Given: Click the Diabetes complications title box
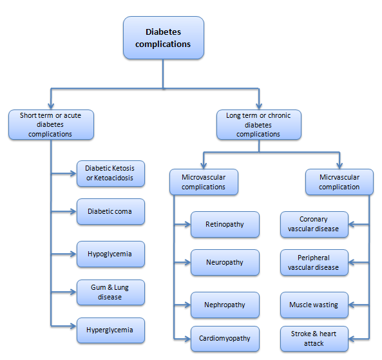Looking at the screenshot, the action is coord(164,38).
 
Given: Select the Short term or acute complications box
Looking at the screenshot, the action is coord(51,125).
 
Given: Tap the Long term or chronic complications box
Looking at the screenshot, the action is coord(259,125).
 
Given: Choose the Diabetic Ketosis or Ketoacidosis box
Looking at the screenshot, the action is coord(111,174).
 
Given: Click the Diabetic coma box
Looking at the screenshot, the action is coord(111,211).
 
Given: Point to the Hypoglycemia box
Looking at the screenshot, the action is coord(111,254).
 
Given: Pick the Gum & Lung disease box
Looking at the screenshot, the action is coord(111,292).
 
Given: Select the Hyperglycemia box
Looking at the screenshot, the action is coord(111,330).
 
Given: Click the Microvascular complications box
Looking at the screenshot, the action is coord(204,182).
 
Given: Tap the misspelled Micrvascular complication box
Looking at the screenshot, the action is coord(339,182).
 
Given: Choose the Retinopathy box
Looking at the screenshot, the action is coord(225,224).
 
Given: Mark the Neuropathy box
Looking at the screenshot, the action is coord(225,262).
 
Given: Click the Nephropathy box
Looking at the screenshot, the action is coord(225,305).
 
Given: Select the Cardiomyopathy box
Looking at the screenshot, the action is coord(225,339).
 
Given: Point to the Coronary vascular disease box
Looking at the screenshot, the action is coord(314,224).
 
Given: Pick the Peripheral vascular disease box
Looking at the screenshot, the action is coord(314,262).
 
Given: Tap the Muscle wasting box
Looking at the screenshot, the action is coord(314,305).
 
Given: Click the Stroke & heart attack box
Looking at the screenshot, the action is coord(314,339).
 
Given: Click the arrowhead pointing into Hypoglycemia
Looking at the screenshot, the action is coord(73,254).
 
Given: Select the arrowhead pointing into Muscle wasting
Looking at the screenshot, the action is coord(352,305).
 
